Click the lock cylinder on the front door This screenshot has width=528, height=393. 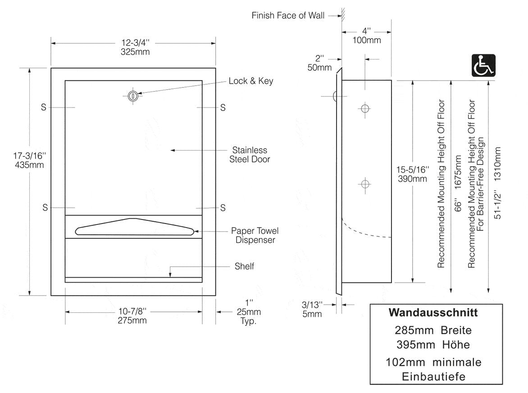click(132, 96)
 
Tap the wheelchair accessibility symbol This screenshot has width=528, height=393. click(483, 65)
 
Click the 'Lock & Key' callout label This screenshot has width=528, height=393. click(250, 81)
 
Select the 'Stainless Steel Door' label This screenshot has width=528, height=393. click(249, 154)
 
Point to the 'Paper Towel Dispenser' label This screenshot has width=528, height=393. click(255, 235)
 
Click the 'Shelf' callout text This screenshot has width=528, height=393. click(244, 266)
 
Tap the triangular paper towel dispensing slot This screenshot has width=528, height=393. click(135, 227)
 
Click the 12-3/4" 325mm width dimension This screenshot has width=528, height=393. click(135, 47)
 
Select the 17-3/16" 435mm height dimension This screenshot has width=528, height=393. click(29, 160)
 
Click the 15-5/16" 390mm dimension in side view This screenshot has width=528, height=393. click(412, 174)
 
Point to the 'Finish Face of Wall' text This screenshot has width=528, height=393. click(288, 16)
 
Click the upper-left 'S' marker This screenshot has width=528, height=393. click(44, 108)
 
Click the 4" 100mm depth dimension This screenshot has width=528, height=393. click(366, 36)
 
